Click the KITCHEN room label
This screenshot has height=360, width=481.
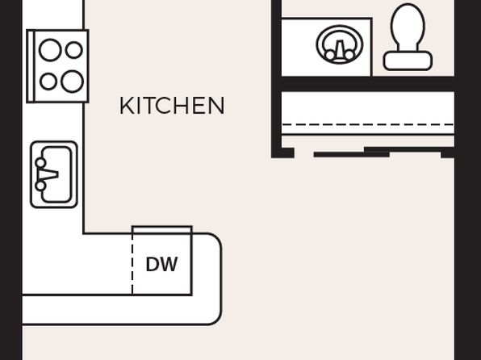pyautogui.click(x=172, y=106)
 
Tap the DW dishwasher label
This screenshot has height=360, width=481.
pyautogui.click(x=161, y=264)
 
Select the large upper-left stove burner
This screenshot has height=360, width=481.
pyautogui.click(x=50, y=50)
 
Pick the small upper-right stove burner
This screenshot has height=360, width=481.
pyautogui.click(x=74, y=50)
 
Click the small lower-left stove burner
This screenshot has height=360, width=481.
pyautogui.click(x=48, y=82)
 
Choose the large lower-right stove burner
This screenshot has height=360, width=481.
pyautogui.click(x=72, y=82)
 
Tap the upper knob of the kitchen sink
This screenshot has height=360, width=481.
pyautogui.click(x=40, y=162)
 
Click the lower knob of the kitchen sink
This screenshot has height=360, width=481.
pyautogui.click(x=40, y=186)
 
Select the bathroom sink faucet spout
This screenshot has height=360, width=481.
pyautogui.click(x=339, y=49)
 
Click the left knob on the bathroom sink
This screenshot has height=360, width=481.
pyautogui.click(x=330, y=55)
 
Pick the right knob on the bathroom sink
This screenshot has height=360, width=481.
pyautogui.click(x=349, y=55)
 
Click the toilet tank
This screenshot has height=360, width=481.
pyautogui.click(x=408, y=61)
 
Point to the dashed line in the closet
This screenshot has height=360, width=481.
pyautogui.click(x=367, y=124)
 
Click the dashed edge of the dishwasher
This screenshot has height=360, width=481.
pyautogui.click(x=132, y=261)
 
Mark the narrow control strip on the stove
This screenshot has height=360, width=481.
pyautogui.click(x=31, y=66)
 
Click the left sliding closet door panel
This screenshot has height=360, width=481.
pyautogui.click(x=352, y=154)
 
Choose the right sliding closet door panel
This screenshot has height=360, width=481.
pyautogui.click(x=403, y=149)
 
